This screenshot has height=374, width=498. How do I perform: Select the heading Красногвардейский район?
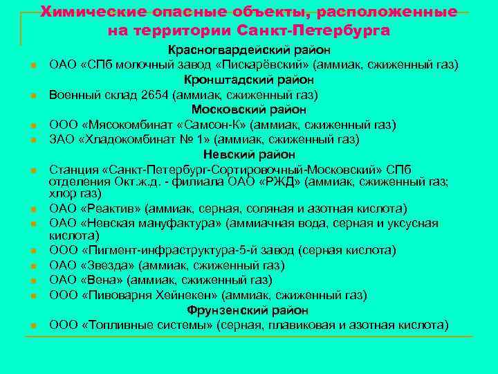click(x=249, y=50)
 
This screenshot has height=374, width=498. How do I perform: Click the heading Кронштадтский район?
click(x=249, y=80)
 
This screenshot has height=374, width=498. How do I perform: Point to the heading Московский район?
click(x=249, y=109)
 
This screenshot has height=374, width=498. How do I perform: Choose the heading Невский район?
click(x=249, y=154)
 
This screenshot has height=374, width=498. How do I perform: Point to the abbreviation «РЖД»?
click(x=276, y=183)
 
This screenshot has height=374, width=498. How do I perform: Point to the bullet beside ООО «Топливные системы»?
click(x=33, y=326)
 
